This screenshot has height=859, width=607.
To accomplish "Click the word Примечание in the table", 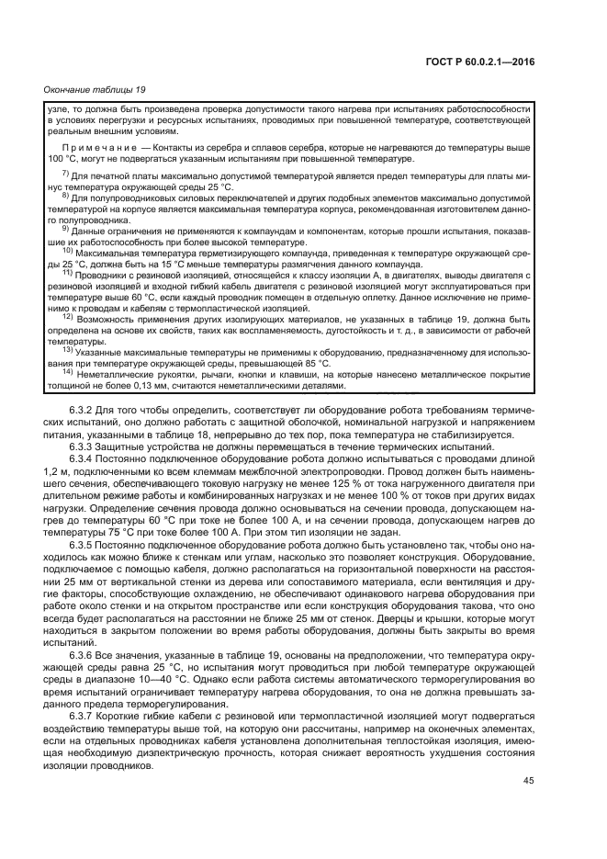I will (x=89, y=147).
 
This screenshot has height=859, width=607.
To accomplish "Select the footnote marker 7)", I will (x=65, y=174).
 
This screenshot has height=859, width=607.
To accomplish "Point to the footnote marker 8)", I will (x=65, y=195).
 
